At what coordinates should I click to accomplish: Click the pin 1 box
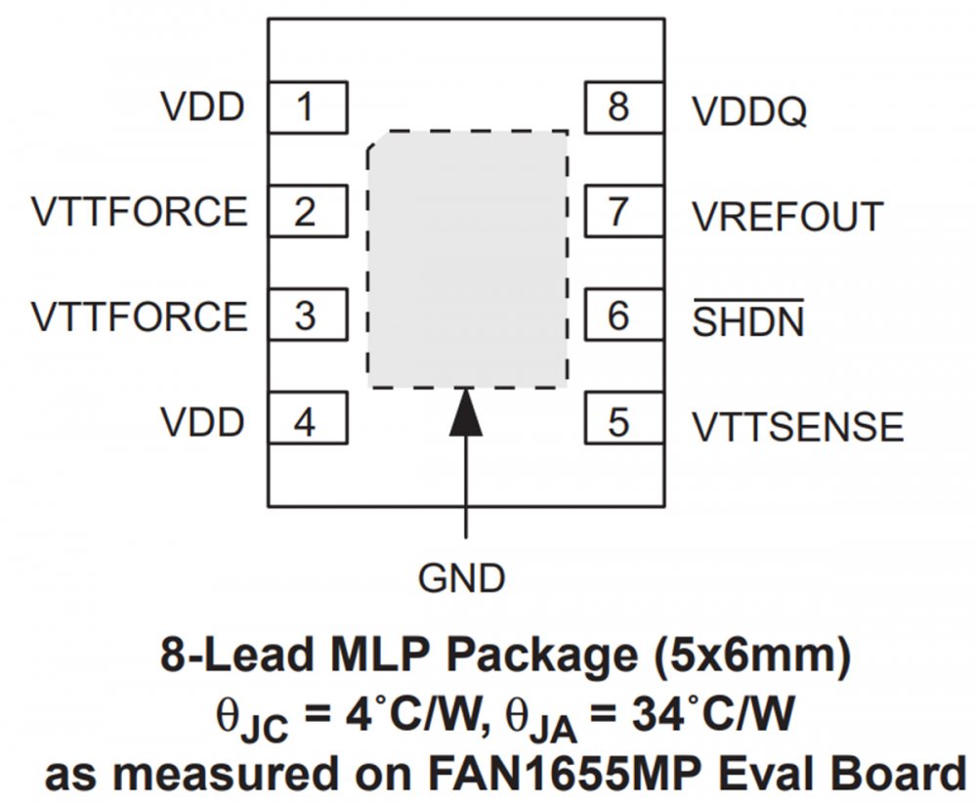point(307,106)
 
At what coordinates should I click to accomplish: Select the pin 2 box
point(307,211)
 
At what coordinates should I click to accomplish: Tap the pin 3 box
point(307,317)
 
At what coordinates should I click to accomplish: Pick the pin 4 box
point(307,422)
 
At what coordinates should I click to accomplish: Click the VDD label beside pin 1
point(203,106)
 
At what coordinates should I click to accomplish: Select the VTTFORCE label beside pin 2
point(140,212)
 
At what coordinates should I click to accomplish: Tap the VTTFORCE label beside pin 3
point(140,317)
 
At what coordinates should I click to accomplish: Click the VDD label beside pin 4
point(203,423)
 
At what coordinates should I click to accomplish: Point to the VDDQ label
point(750,112)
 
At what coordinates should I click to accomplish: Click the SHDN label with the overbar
point(748,320)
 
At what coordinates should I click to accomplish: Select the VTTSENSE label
point(798,427)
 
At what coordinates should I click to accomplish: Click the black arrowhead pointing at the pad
point(466,412)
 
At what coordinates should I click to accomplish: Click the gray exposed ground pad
point(467,259)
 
